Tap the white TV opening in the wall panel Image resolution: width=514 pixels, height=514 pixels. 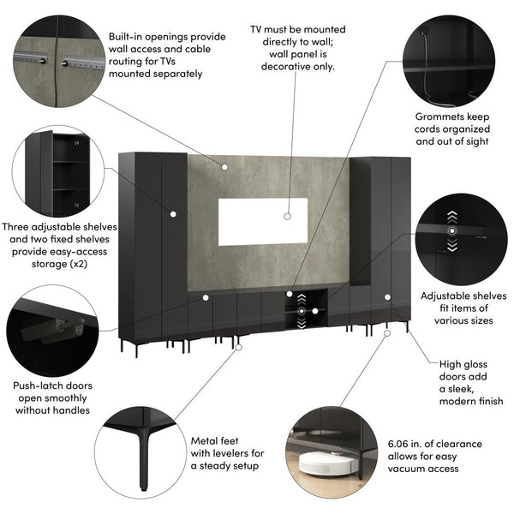tap(262, 221)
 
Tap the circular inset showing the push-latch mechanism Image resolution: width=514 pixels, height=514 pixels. tap(47, 329)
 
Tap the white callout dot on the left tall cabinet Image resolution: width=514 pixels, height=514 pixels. tap(173, 212)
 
